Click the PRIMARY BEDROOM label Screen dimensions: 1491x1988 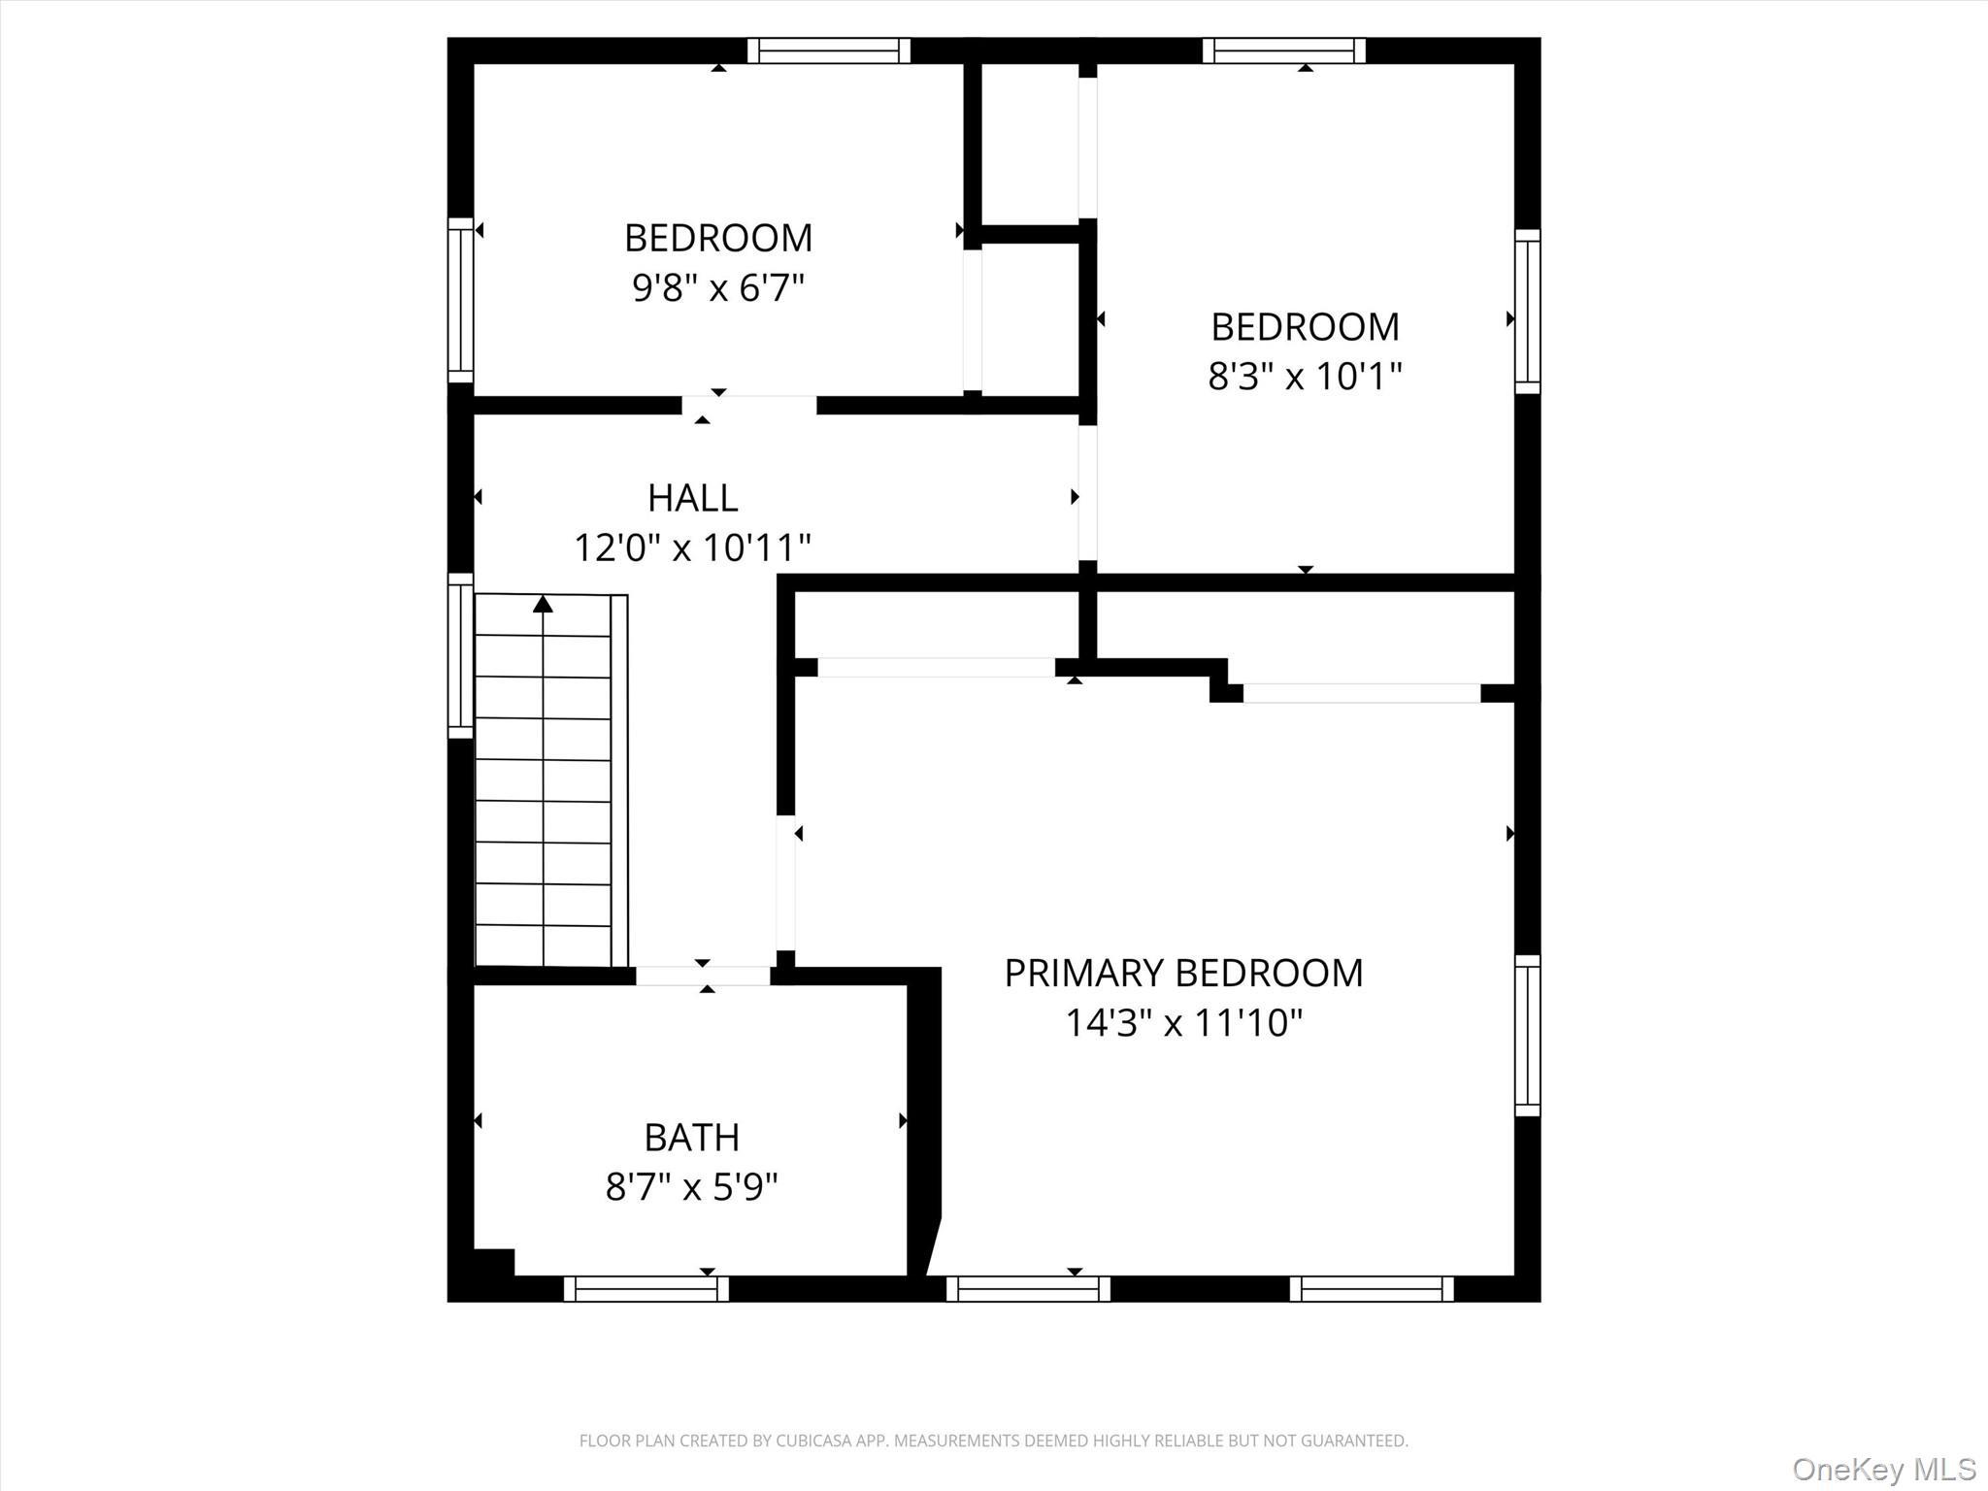point(1182,973)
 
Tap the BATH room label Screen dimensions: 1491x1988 point(691,1137)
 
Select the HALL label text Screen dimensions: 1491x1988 point(692,498)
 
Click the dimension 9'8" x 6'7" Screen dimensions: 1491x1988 point(718,287)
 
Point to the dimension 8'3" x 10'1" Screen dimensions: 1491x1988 point(1305,376)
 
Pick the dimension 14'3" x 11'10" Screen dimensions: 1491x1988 point(1183,1023)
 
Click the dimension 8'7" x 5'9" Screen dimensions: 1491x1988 point(691,1186)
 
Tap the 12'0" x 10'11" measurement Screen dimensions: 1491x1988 point(692,547)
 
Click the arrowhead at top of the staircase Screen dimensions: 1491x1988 point(544,605)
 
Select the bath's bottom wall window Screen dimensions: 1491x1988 point(646,1289)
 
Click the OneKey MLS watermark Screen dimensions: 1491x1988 point(1883,1469)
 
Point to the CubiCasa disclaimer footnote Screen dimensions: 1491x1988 point(993,1441)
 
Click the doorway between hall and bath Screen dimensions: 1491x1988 point(704,977)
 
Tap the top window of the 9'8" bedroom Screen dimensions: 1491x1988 point(829,50)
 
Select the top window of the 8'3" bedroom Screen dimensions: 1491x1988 point(1283,50)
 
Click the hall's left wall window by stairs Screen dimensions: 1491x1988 point(460,655)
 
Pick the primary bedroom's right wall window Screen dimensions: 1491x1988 point(1528,1036)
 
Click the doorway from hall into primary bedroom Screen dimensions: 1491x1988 point(786,882)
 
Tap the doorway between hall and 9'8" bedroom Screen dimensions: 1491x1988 point(748,406)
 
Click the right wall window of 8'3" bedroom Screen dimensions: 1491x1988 point(1528,312)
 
